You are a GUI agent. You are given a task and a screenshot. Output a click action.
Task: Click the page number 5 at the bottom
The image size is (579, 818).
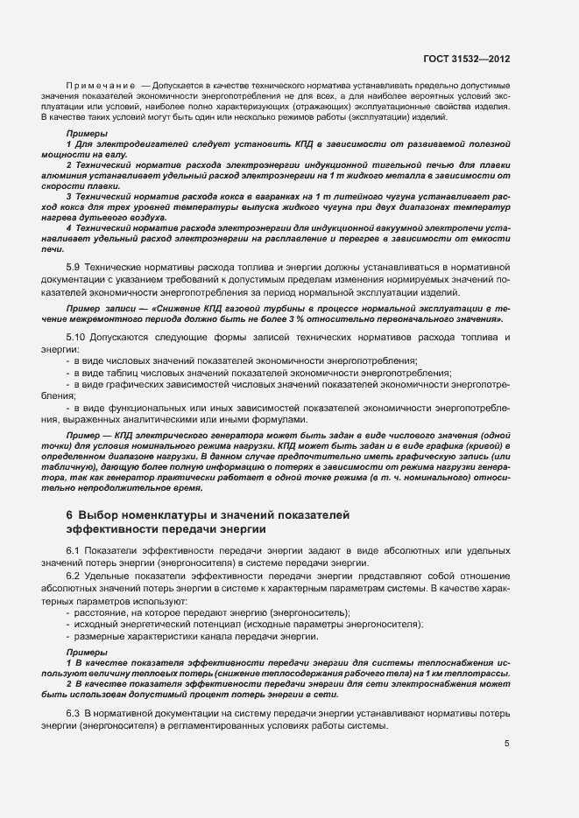[506, 744]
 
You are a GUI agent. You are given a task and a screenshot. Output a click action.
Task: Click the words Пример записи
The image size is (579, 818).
[98, 309]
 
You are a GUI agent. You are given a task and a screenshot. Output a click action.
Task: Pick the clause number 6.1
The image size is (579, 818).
[74, 549]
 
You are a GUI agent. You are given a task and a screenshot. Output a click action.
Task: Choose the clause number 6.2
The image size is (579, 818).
[74, 580]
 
